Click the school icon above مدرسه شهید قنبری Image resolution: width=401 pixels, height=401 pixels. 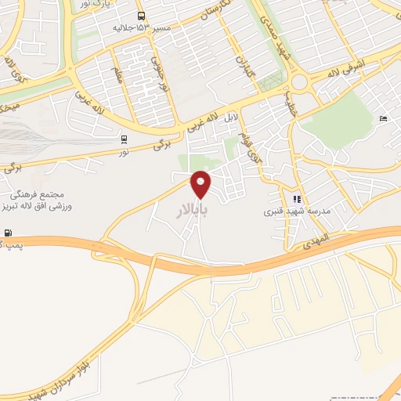point(297,199)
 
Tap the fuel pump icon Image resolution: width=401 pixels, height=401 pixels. point(8,233)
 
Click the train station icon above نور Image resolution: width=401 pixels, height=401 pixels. point(124,139)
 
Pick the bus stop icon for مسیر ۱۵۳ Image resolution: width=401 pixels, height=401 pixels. point(141,16)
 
